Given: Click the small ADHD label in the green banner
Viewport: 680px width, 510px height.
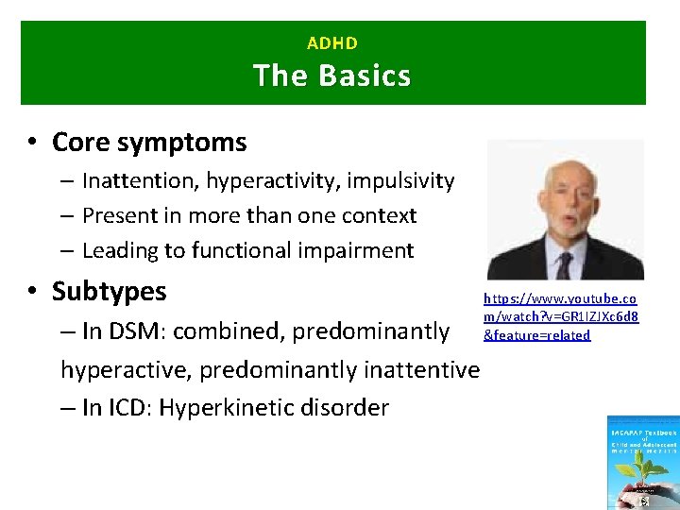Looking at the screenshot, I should click(x=332, y=43).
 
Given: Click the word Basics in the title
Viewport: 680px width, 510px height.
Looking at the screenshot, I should click(x=364, y=76).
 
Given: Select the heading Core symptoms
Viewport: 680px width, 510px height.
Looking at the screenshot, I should click(x=149, y=143).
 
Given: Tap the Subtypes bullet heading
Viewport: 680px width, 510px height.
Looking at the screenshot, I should click(x=109, y=291).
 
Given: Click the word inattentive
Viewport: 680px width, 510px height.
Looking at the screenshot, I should click(x=416, y=369).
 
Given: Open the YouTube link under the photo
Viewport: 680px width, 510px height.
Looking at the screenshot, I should click(x=561, y=316).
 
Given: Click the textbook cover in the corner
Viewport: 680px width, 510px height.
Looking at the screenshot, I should click(x=642, y=463).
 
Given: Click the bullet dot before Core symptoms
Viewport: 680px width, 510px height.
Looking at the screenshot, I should click(x=32, y=144).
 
